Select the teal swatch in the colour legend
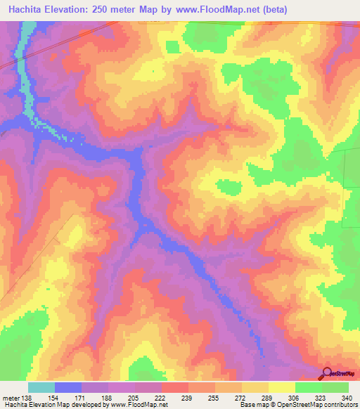pyautogui.click(x=41, y=387)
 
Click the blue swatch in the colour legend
pyautogui.click(x=68, y=387)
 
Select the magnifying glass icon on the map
pyautogui.click(x=328, y=373)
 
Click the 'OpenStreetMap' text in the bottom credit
pyautogui.click(x=290, y=405)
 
